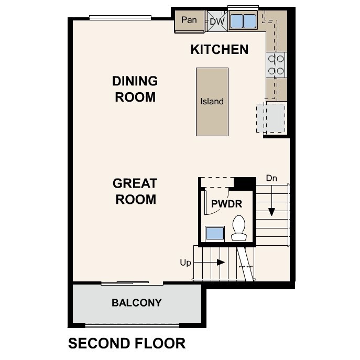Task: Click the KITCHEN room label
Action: click(x=220, y=49)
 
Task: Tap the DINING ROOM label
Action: click(x=135, y=89)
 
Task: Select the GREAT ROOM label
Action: click(x=135, y=191)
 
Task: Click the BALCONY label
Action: click(x=137, y=303)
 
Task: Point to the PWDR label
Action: click(x=226, y=204)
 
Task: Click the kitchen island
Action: click(x=212, y=102)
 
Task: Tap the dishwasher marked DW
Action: click(x=217, y=21)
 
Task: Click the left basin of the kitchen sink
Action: click(x=236, y=20)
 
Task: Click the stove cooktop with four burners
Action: click(x=276, y=65)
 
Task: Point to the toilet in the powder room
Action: click(x=239, y=228)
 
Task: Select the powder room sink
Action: click(x=215, y=234)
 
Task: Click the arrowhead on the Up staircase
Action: click(x=221, y=262)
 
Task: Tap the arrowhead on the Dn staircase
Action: click(x=271, y=212)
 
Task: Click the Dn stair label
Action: click(x=271, y=178)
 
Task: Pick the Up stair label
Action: click(x=186, y=263)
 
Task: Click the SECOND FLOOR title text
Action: click(x=127, y=343)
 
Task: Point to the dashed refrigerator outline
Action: click(x=271, y=118)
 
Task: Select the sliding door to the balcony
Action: click(x=125, y=283)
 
